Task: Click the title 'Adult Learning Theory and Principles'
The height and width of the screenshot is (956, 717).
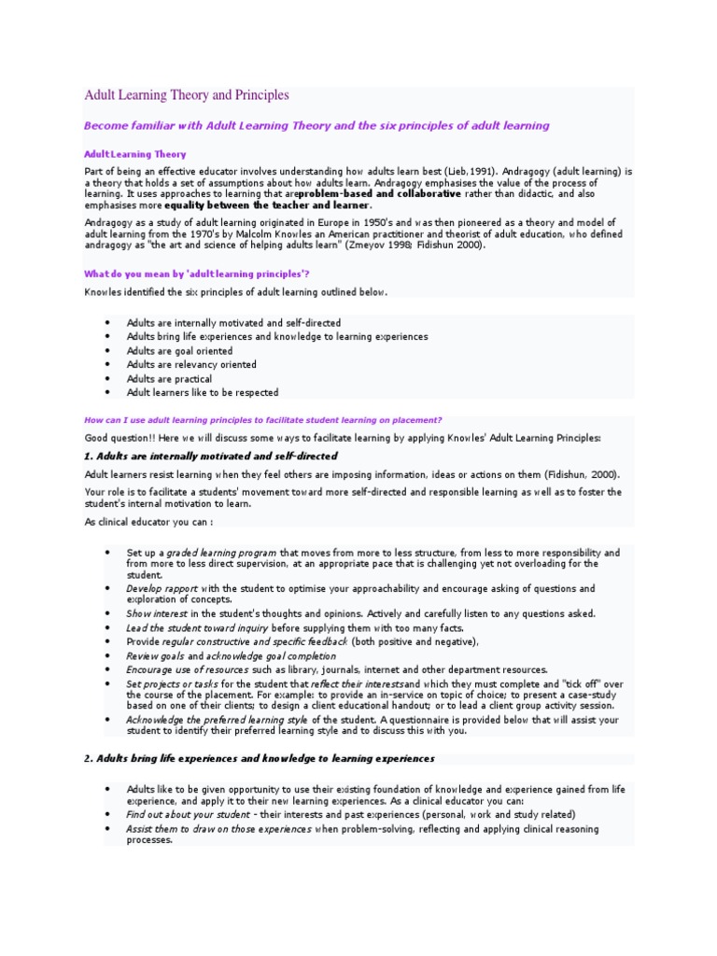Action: pyautogui.click(x=187, y=95)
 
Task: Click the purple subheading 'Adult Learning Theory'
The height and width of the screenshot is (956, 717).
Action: pyautogui.click(x=135, y=154)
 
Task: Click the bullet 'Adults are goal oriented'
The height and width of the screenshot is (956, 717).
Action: pyautogui.click(x=179, y=350)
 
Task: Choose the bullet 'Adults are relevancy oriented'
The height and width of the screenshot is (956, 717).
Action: pyautogui.click(x=191, y=364)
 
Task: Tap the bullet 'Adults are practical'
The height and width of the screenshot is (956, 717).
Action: pyautogui.click(x=169, y=379)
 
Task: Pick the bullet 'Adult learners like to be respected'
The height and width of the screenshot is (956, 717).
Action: pyautogui.click(x=203, y=393)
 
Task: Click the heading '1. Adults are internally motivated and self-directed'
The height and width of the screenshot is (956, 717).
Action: pyautogui.click(x=211, y=456)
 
